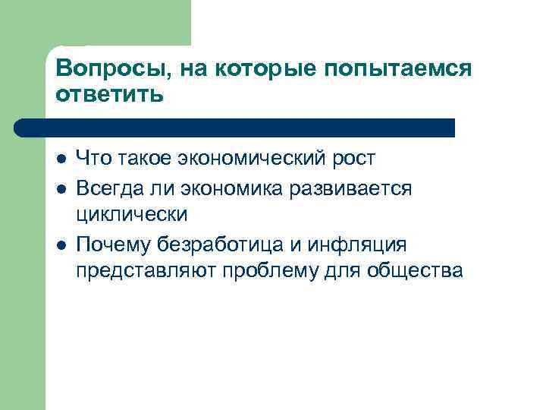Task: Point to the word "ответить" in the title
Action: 109,95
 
